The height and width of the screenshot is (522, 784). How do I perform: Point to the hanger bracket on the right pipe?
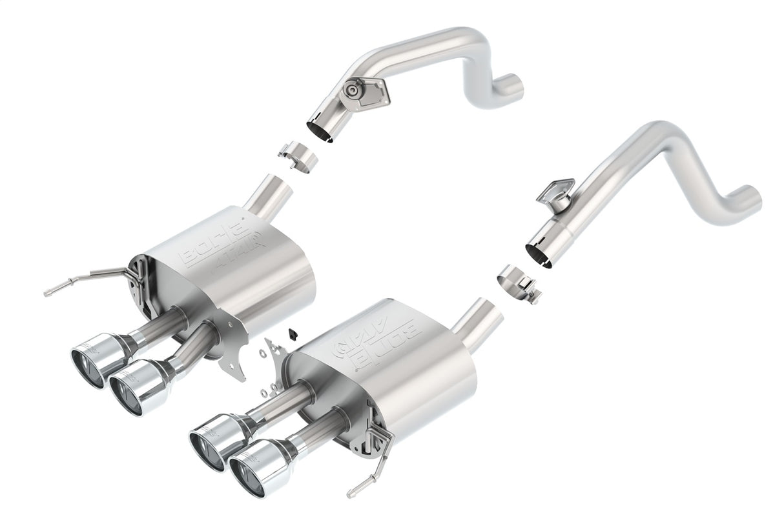555,192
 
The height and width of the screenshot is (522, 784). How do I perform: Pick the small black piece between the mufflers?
293,333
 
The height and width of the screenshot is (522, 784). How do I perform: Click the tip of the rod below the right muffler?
350,494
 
